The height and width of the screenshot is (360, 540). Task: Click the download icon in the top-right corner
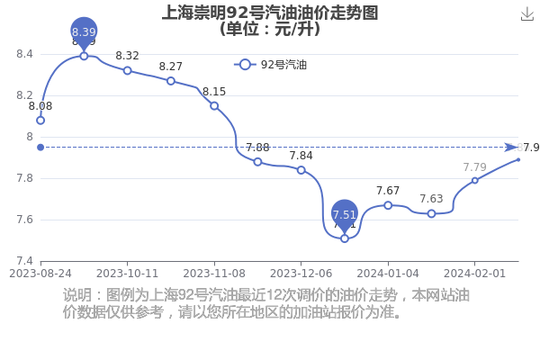pos(526,14)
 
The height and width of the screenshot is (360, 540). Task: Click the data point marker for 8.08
pos(40,121)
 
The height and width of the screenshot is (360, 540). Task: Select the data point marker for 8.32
pos(127,70)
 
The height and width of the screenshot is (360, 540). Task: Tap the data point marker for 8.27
pos(170,81)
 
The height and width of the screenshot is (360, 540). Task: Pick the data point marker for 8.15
pos(214,106)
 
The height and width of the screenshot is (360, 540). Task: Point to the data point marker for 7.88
pos(257,162)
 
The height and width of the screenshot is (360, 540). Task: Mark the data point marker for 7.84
pos(301,170)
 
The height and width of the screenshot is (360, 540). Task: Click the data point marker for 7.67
pos(388,205)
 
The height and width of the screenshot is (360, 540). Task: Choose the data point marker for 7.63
pos(431,213)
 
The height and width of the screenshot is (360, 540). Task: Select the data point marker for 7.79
pos(475,180)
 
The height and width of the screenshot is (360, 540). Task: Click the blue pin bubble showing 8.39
pos(84,32)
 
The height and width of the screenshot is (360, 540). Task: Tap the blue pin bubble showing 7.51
pos(345,215)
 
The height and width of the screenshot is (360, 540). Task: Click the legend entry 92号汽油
pos(270,65)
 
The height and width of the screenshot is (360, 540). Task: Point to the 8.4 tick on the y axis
pos(24,54)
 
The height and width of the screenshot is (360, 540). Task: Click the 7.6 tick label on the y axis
pos(24,220)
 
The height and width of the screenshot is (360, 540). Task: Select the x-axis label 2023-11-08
pos(214,274)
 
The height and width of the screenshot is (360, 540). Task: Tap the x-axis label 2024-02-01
pos(474,274)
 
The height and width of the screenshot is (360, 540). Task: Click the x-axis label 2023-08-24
pos(40,274)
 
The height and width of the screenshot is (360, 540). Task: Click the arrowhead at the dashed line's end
pos(511,148)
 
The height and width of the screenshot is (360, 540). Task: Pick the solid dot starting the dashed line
pos(40,148)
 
